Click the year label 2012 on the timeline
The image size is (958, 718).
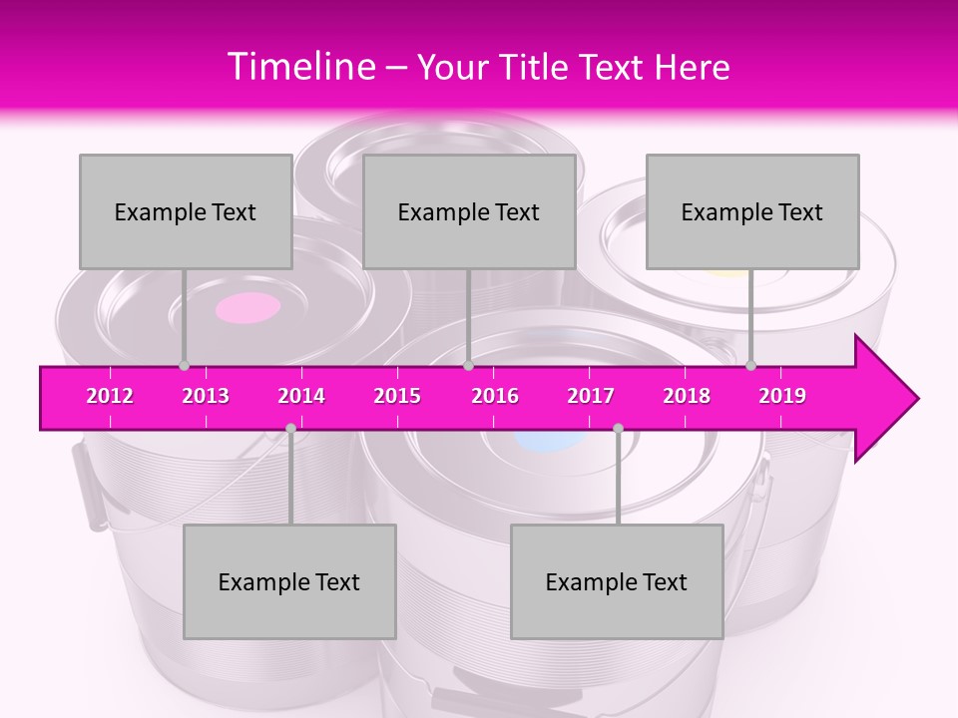(110, 396)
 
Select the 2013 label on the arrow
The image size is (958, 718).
(206, 396)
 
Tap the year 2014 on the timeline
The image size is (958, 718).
(301, 396)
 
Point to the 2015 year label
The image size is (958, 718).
(397, 396)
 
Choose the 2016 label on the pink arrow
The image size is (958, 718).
(495, 396)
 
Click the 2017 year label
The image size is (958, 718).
(591, 396)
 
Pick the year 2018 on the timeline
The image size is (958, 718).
(687, 396)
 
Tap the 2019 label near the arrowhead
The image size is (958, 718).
(782, 396)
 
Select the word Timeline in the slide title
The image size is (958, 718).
(299, 67)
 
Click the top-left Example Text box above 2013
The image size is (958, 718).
(186, 211)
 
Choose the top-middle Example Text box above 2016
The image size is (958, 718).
(469, 211)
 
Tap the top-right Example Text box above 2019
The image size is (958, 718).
(752, 211)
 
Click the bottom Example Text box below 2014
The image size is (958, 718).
(289, 581)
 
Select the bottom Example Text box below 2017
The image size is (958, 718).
(617, 581)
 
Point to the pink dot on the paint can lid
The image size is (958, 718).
(247, 308)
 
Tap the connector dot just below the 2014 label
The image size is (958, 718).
(290, 428)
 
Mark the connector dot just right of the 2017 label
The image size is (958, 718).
(618, 428)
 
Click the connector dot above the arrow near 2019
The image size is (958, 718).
(751, 365)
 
